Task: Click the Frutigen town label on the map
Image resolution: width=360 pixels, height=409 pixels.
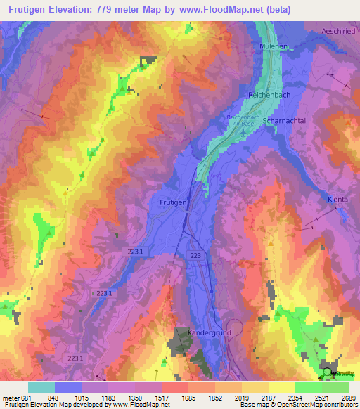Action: click(x=169, y=202)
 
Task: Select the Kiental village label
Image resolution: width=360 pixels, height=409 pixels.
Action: click(x=340, y=200)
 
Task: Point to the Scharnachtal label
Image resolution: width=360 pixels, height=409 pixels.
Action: click(x=283, y=121)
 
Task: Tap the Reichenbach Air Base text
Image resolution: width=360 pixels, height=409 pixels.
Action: click(x=243, y=119)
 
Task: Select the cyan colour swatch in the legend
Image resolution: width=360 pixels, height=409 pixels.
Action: click(x=41, y=387)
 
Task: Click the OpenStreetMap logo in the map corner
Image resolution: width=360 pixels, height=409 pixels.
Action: click(x=329, y=373)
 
